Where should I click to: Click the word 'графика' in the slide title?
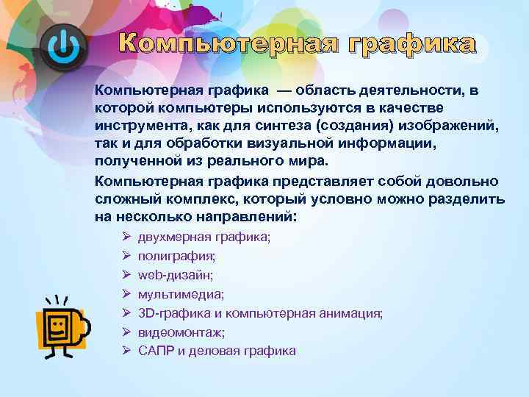(411, 44)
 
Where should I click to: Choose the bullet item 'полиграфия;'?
(176, 256)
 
